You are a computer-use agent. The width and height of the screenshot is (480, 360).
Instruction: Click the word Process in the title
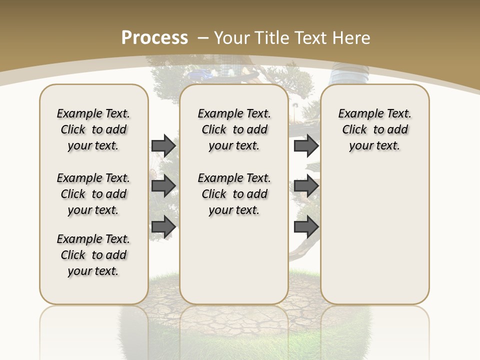(154, 37)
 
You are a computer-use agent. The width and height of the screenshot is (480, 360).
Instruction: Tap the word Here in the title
(351, 37)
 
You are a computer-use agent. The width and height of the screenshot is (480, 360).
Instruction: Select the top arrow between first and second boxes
(163, 145)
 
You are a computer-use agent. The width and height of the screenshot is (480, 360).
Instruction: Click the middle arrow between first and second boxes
(163, 186)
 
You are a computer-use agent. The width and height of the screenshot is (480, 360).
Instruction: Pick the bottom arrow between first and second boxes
(163, 227)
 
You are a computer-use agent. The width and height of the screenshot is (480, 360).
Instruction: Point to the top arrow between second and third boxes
(306, 145)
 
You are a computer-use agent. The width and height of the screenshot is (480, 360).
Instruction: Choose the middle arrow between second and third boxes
(306, 186)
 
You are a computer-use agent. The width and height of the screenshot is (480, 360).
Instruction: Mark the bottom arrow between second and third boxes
(306, 227)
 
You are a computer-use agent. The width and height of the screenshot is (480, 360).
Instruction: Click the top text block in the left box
(93, 129)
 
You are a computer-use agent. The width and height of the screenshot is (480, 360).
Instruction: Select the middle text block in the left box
(93, 194)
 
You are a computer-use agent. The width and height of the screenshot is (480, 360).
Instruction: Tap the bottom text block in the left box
(93, 255)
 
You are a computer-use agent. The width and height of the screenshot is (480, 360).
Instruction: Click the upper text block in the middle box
(234, 129)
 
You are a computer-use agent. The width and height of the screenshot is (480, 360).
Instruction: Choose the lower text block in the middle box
(234, 194)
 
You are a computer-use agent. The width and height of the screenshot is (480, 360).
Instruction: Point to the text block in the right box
(374, 129)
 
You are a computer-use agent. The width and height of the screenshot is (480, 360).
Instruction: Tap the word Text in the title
(311, 37)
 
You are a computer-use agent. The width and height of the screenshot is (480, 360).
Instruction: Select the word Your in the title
(232, 37)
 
